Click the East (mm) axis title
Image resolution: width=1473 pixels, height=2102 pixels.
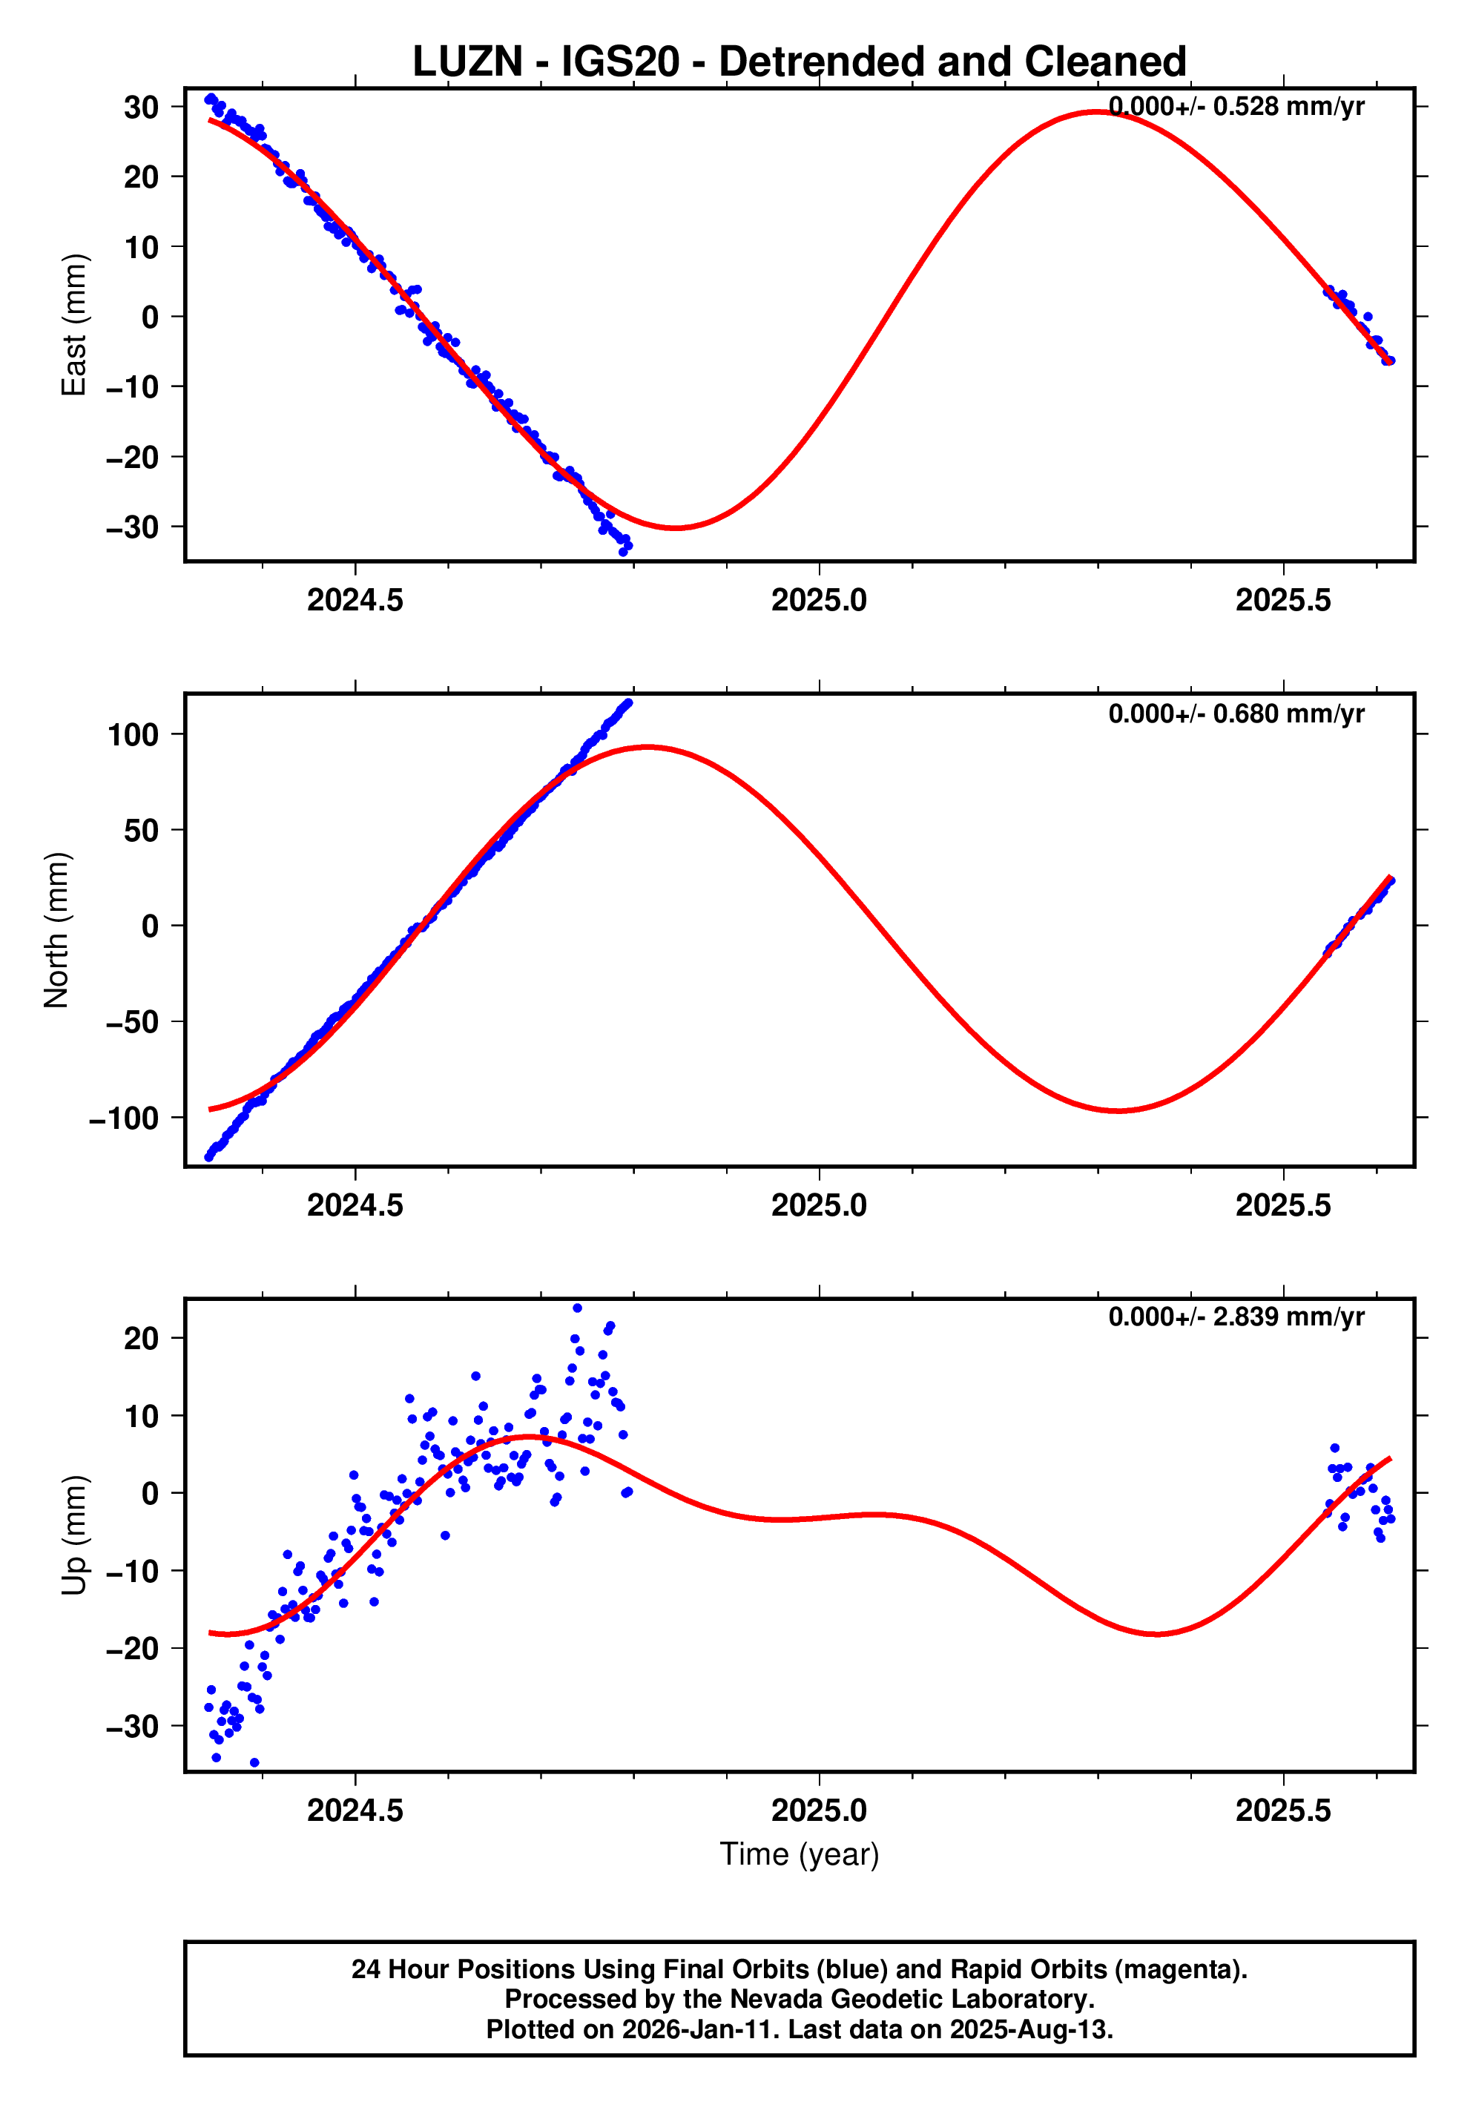(74, 325)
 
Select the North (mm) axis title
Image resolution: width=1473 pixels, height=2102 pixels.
(57, 930)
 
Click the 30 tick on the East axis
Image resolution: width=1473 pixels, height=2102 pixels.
(142, 107)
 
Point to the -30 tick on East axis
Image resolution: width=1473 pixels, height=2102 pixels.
(133, 527)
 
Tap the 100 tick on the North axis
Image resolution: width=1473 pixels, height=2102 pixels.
(134, 734)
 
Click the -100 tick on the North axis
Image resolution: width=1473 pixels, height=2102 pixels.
(124, 1118)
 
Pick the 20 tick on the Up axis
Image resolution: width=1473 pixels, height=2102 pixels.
(142, 1340)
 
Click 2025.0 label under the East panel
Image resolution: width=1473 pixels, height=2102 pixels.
(818, 601)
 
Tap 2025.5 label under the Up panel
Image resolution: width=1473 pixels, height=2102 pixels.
(1282, 1810)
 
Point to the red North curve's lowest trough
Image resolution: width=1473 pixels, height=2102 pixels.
(1118, 1110)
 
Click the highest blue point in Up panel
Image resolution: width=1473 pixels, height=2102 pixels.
(577, 1308)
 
